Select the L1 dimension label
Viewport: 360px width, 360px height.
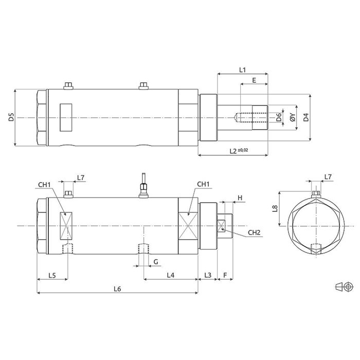tap(243, 69)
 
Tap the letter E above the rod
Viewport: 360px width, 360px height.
tap(254, 81)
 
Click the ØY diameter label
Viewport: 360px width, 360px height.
tap(292, 118)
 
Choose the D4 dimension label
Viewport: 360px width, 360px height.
tap(306, 118)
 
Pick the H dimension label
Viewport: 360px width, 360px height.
tap(240, 197)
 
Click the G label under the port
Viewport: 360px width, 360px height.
tap(155, 262)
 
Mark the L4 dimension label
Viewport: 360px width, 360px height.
tap(171, 276)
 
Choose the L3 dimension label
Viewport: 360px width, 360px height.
tap(207, 276)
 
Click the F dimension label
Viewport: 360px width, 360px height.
tap(225, 276)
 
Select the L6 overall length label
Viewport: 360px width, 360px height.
tap(117, 289)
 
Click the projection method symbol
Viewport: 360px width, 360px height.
tap(343, 285)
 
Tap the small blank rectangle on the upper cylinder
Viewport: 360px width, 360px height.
tap(66, 117)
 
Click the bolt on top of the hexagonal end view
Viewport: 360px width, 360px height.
tap(317, 193)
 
